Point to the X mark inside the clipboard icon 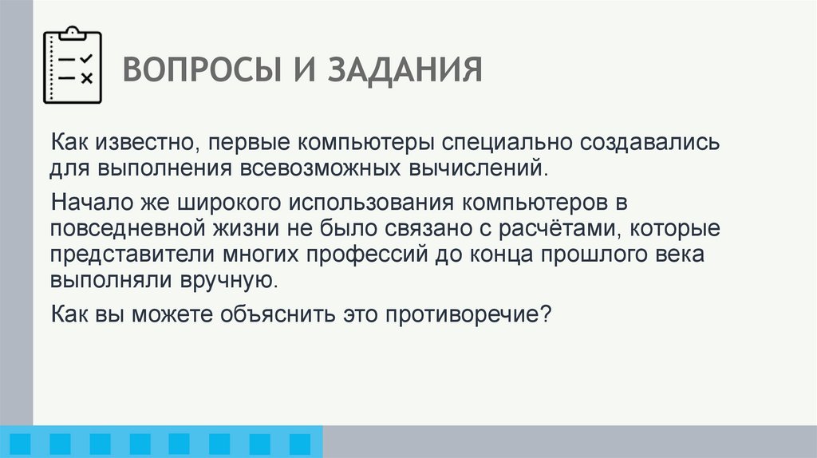[x=87, y=77]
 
